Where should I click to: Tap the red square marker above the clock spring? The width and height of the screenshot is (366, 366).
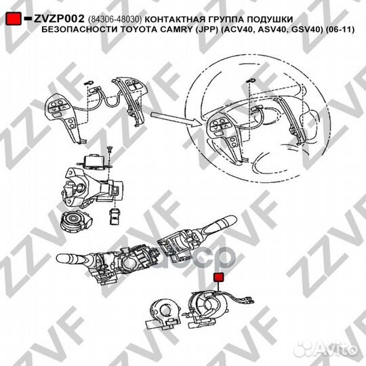(x=218, y=279)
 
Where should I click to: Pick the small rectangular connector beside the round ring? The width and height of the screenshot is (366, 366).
(x=114, y=216)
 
